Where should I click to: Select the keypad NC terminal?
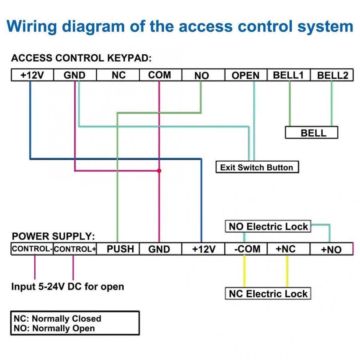point(118,75)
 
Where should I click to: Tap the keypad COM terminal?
point(160,75)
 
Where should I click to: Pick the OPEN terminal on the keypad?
point(246,75)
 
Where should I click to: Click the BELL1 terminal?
point(288,75)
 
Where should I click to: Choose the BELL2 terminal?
point(332,75)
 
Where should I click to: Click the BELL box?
point(312,133)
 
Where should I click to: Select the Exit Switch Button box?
point(256,167)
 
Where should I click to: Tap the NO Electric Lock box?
point(268,227)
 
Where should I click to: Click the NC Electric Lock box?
point(268,294)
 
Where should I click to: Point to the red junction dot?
point(159,170)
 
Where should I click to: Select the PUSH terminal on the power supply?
point(120,249)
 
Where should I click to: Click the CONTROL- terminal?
point(32,249)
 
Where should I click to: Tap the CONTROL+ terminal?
point(75,249)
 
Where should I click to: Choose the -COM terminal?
point(246,249)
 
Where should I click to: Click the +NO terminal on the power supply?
point(331,249)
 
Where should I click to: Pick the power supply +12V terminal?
point(204,249)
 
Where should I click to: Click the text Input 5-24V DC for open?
point(67,287)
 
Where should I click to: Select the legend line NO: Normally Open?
point(54,328)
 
